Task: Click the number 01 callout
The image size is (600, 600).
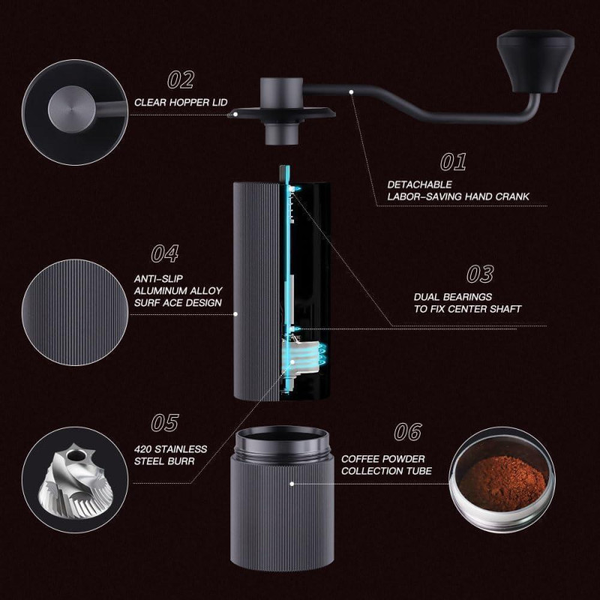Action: [454, 162]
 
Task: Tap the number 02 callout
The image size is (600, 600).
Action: [181, 80]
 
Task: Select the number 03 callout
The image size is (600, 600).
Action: [480, 274]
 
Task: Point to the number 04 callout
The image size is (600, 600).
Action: [164, 253]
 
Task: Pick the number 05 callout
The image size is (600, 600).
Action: [164, 423]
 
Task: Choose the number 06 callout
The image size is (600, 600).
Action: [408, 432]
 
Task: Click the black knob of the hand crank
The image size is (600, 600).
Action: [535, 62]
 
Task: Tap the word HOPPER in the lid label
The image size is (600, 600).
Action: [186, 103]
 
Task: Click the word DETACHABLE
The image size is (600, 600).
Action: [419, 184]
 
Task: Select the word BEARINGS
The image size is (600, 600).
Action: [468, 297]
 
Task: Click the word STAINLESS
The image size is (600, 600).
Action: [181, 449]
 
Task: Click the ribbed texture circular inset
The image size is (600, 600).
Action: [75, 312]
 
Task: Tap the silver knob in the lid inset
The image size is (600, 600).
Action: [72, 109]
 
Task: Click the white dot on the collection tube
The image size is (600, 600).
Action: [292, 484]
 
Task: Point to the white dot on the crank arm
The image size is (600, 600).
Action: [351, 91]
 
